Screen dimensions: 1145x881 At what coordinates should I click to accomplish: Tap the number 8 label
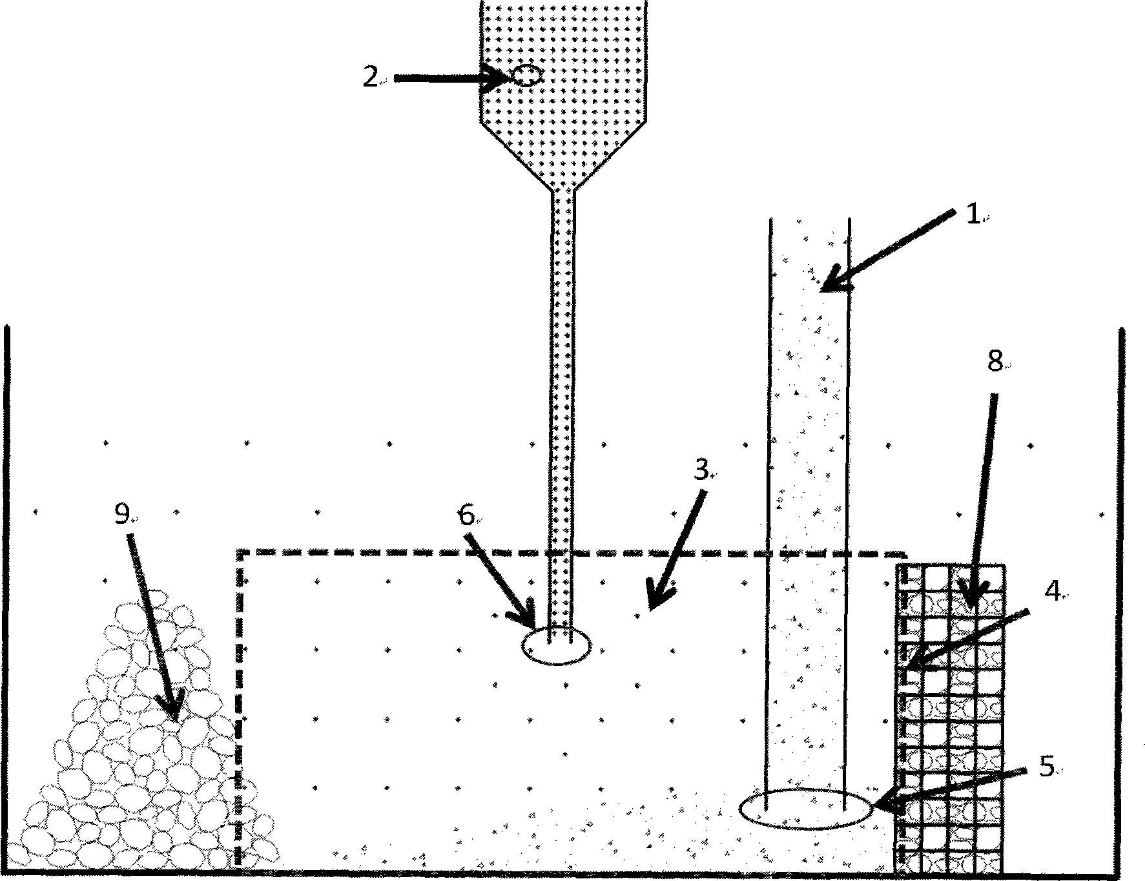coord(995,362)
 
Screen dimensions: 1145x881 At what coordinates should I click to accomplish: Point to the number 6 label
coord(466,515)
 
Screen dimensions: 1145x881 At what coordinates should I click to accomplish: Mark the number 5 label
coord(1046,767)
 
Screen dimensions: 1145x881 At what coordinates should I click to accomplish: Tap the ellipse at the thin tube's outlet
coord(556,645)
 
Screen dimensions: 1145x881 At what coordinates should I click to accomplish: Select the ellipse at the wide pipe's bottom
coord(805,808)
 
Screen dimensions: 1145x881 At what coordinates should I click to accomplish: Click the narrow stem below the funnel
coord(562,388)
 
